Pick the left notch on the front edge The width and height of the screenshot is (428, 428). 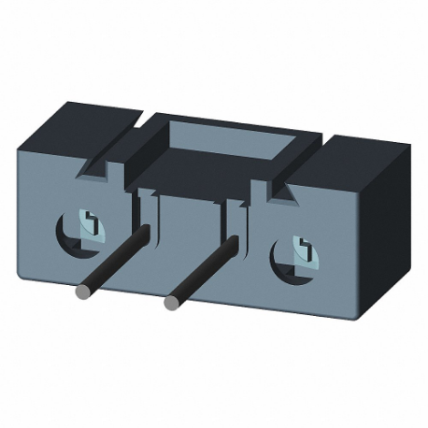[x=97, y=171]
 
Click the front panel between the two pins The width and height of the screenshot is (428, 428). [x=187, y=234]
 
